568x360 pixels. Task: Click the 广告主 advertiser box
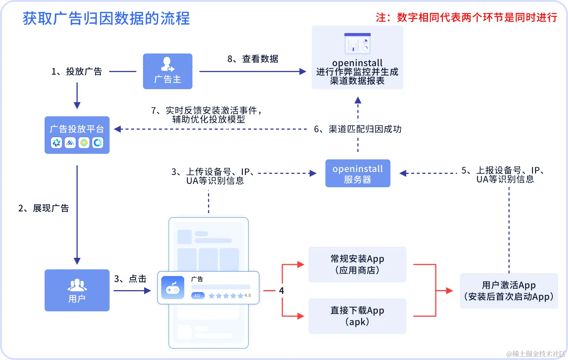coord(168,71)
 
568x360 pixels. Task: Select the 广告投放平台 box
coord(77,135)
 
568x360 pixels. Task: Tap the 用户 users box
coord(77,290)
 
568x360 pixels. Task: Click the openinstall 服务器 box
coord(358,173)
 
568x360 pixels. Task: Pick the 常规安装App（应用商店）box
coord(357,264)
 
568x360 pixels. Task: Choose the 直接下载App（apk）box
coord(357,316)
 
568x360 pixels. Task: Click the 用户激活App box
coord(509,291)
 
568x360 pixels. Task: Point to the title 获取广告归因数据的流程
coord(106,18)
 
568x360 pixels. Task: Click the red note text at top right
coord(466,17)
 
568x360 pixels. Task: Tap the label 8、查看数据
coord(253,59)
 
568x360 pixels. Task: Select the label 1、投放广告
coord(77,71)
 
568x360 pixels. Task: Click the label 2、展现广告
coord(43,208)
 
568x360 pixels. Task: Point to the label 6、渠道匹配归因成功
coord(357,129)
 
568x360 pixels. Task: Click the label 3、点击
coord(130,279)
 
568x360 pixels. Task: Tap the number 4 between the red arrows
coord(281,291)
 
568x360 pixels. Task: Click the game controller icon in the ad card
coord(173,288)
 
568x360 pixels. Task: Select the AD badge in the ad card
coord(197,296)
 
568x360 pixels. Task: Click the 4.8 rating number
coord(247,295)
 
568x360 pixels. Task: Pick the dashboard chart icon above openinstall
coord(357,43)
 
